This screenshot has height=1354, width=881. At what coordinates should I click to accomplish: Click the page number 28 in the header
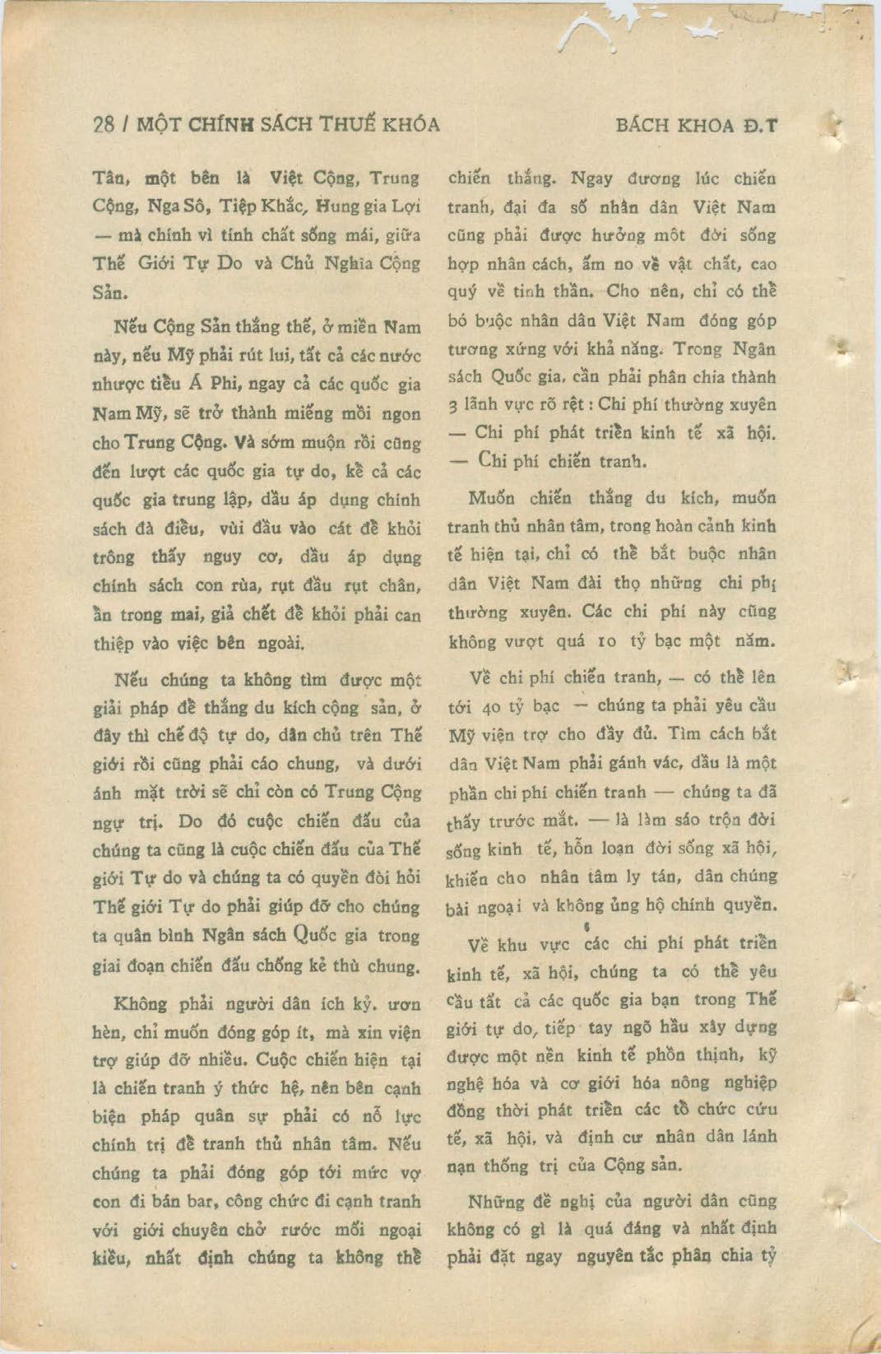tap(104, 125)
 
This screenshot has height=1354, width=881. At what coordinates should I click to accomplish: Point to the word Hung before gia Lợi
tap(335, 206)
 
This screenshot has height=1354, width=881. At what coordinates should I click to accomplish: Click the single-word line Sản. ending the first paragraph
tap(110, 293)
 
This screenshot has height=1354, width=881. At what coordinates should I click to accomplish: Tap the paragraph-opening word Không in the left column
tap(139, 1004)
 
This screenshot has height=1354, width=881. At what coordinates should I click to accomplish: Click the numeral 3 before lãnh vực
tap(452, 406)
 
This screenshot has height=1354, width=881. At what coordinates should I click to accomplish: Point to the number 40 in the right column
tap(492, 707)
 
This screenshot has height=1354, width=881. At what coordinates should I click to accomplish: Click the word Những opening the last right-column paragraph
tap(496, 1202)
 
